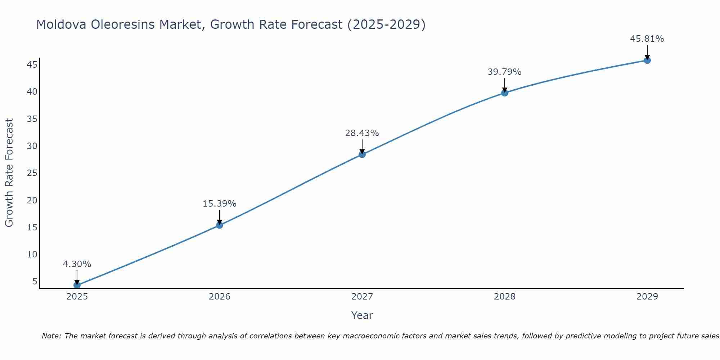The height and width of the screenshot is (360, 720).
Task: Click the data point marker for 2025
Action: coord(77,285)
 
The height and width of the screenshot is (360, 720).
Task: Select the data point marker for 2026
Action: coord(220,225)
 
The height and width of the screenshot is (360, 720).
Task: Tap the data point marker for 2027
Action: coord(362,154)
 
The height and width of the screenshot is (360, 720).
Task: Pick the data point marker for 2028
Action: coord(505,93)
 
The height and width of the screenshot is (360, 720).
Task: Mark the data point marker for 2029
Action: coord(647,60)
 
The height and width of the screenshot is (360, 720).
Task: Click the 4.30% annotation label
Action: coord(77,264)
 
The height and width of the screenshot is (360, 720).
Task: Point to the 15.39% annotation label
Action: coord(220,204)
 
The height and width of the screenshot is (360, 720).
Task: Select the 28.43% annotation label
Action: coord(362,133)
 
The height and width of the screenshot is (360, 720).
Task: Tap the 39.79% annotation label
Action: coord(505,72)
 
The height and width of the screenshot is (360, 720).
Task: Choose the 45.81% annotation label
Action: coord(647,39)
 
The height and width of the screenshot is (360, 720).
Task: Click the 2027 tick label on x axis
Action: coord(362,297)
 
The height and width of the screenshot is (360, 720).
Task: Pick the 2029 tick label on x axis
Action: coord(647,297)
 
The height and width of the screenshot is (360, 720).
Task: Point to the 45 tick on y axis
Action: coord(32,65)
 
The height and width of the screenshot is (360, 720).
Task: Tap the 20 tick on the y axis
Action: coord(32,200)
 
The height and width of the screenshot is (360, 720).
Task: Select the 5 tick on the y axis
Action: coord(35,281)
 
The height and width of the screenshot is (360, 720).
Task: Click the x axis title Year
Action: coord(362,315)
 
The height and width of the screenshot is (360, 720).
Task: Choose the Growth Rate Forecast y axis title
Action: coord(9,173)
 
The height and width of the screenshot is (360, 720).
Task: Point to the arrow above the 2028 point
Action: coord(505,85)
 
